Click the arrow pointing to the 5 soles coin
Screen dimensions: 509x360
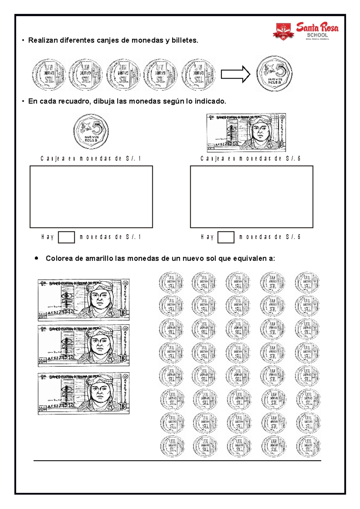(235, 74)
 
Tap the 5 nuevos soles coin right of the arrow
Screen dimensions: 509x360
(274, 73)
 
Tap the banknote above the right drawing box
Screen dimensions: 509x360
(246, 132)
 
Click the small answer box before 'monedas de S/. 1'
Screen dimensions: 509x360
(66, 237)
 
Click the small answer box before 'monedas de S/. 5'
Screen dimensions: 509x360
(226, 237)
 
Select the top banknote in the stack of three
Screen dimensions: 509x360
(83, 299)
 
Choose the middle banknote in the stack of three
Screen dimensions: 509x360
(83, 345)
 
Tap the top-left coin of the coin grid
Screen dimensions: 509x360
(171, 282)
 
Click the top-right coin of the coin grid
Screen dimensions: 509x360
(307, 282)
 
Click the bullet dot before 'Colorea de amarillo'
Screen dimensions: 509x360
(37, 258)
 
